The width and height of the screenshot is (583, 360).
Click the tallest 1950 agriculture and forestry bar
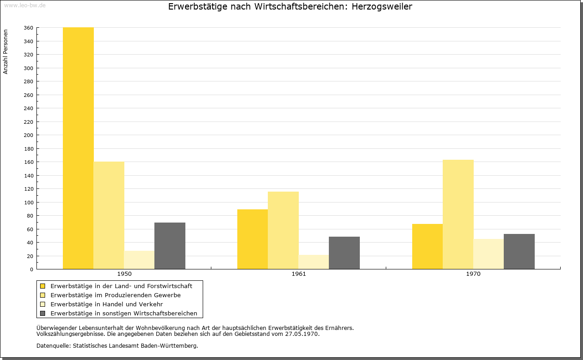click(78, 148)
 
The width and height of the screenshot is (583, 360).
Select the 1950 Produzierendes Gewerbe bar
click(109, 215)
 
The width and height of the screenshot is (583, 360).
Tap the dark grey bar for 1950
click(170, 246)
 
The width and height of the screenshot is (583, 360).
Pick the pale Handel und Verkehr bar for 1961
click(314, 262)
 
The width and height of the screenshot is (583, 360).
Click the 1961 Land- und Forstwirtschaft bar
click(252, 239)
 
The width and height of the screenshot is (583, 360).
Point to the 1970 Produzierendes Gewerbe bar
click(458, 214)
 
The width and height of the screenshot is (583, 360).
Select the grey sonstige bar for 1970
click(519, 252)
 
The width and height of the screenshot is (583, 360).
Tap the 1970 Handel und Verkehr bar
click(489, 254)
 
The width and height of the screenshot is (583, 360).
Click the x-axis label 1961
click(299, 274)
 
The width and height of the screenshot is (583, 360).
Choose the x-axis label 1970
click(473, 274)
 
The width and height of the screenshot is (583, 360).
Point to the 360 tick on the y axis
click(28, 28)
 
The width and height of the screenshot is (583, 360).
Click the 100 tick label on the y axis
click(28, 203)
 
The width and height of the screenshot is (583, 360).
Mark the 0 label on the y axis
click(31, 269)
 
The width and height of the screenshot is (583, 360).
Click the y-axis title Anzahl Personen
click(5, 52)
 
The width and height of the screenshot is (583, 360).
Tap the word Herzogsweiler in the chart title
click(382, 7)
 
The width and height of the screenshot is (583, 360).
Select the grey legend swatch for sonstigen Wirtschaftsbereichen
click(42, 314)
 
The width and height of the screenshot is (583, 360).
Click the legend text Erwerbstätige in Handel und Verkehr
click(107, 304)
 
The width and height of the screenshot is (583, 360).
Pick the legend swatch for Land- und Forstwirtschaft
click(42, 286)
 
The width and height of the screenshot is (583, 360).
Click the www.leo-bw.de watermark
click(25, 5)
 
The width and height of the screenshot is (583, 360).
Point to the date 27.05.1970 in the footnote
click(302, 334)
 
